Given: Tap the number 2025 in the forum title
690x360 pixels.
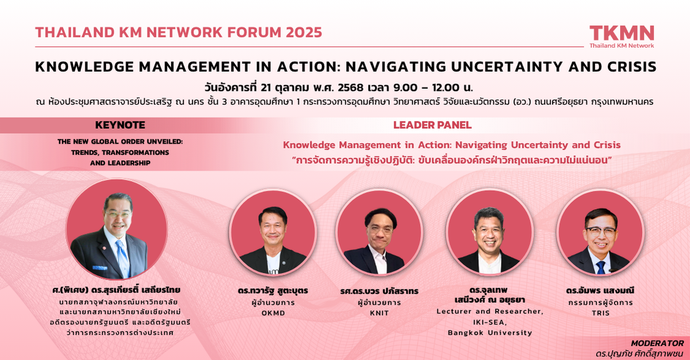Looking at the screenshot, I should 300,33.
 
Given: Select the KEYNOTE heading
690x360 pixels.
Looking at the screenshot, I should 120,125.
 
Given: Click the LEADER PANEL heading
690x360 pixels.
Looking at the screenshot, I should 432,125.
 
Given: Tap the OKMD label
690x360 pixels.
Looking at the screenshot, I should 273,313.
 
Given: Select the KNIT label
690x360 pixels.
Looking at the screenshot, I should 379,313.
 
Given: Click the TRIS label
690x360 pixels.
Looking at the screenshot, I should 600,313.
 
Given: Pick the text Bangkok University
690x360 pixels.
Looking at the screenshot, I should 489,333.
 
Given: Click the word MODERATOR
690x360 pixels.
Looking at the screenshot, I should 657,343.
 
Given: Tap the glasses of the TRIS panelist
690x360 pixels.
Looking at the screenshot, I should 600,231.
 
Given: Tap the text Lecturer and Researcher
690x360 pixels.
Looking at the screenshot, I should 489,312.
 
